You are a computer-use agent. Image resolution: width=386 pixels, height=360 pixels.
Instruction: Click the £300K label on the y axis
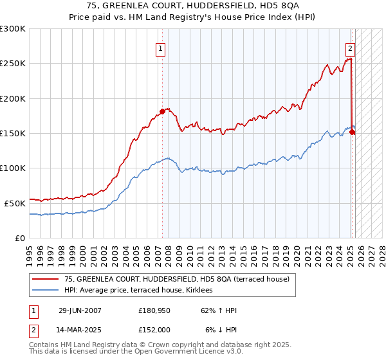click(x=13, y=29)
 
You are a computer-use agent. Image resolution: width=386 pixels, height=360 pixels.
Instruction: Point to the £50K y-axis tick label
click(x=14, y=203)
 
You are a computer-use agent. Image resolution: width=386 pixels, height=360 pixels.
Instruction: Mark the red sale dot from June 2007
click(x=162, y=112)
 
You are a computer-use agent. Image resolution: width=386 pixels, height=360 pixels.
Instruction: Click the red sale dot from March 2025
click(x=353, y=132)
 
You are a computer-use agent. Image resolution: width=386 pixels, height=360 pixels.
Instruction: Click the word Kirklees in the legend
click(x=205, y=291)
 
